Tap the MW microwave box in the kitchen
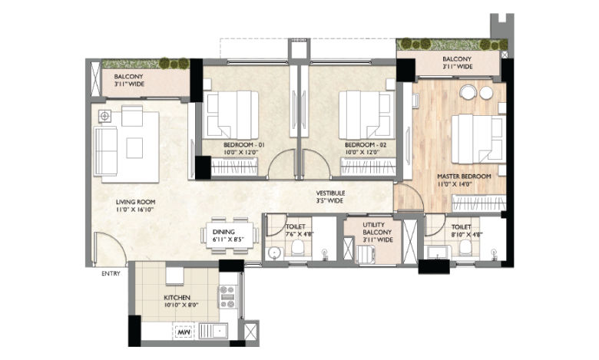click(x=184, y=332)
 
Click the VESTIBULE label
click(x=330, y=193)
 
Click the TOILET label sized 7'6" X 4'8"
click(x=296, y=227)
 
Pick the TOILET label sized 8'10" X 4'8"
click(x=462, y=227)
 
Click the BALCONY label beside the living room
click(x=132, y=77)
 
